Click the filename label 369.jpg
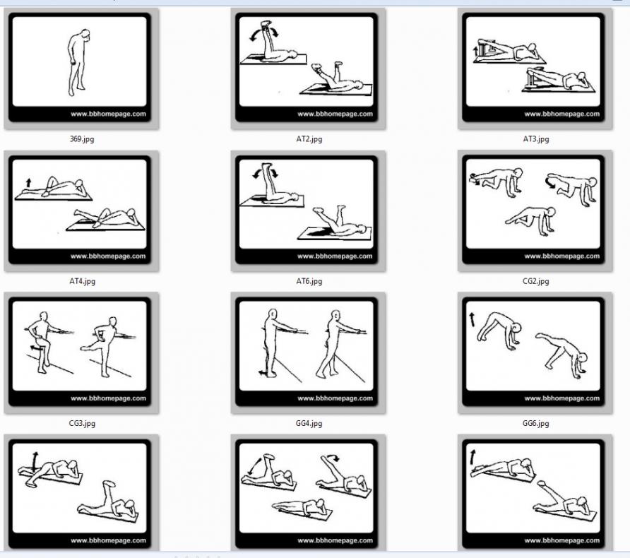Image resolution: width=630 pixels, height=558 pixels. tap(82, 139)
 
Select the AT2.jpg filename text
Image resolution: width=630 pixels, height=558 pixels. tap(309, 139)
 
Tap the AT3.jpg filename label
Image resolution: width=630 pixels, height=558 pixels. tap(536, 139)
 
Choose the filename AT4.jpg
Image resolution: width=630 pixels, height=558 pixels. tap(83, 281)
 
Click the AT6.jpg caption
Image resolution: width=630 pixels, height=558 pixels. tap(309, 281)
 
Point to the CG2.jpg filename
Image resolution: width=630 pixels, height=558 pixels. tap(535, 281)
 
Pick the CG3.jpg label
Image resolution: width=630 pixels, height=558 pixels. tap(82, 423)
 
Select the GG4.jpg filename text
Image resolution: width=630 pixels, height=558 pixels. tap(309, 423)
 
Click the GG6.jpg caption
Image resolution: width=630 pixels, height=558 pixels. tap(535, 423)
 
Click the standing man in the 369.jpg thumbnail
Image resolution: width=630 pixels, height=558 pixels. tap(78, 63)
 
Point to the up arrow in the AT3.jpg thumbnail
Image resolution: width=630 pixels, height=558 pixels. tap(476, 51)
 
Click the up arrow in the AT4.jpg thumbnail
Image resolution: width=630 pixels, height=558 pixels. tap(28, 183)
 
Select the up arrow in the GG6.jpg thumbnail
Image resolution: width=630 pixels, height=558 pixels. tap(472, 319)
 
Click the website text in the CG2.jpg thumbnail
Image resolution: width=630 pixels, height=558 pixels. tap(561, 256)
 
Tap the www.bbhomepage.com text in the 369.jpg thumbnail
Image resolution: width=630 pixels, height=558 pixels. tap(108, 114)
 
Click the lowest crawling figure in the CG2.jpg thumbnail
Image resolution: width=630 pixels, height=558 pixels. tap(531, 220)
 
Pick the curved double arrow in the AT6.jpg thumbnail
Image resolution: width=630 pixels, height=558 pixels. tap(265, 173)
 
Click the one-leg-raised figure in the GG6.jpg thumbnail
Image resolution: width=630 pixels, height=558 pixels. tap(562, 355)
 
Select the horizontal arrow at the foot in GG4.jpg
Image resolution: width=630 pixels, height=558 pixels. tap(263, 373)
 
